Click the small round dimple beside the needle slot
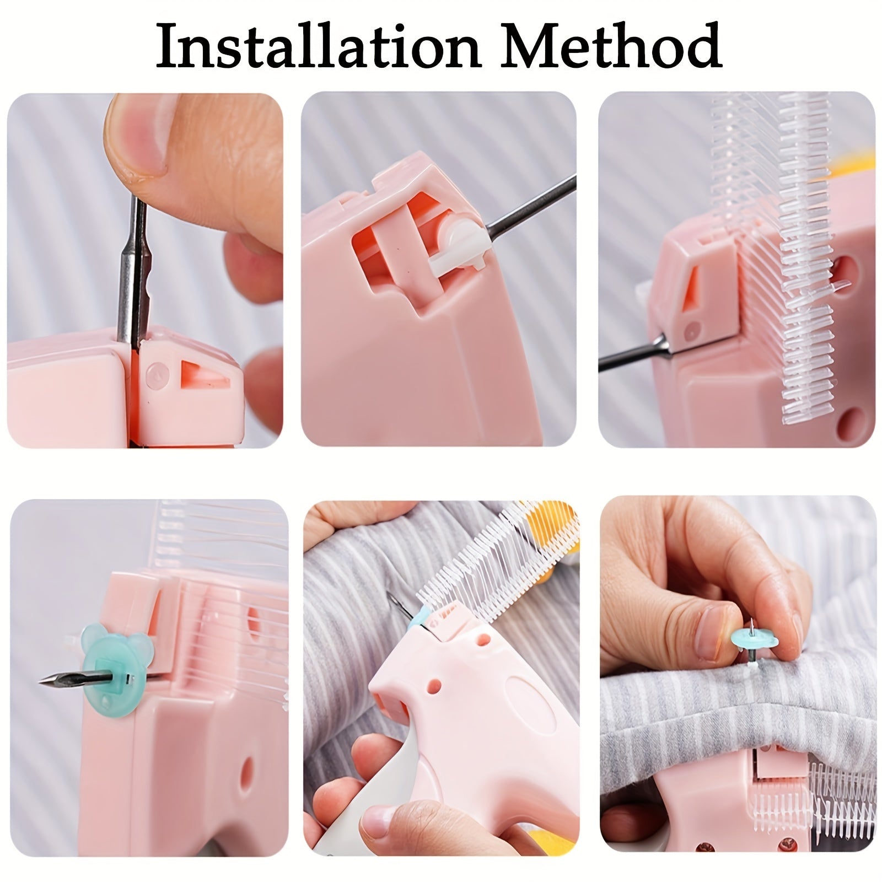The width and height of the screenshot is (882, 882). pyautogui.click(x=156, y=374)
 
